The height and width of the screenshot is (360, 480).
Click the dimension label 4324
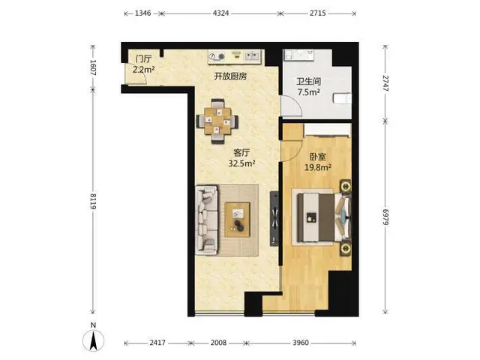[220, 13]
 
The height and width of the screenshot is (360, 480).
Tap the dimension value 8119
[93, 202]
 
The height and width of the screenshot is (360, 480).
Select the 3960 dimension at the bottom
[301, 343]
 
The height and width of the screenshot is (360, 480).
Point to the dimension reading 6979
[385, 217]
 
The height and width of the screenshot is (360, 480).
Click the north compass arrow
[93, 340]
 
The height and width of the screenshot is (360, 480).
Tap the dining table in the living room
[217, 121]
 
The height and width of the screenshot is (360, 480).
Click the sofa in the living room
[207, 220]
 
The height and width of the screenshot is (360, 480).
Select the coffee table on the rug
[237, 220]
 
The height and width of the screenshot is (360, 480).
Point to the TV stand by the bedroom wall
[274, 218]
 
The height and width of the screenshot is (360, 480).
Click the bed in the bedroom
[322, 217]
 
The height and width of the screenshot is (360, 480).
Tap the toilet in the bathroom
[342, 98]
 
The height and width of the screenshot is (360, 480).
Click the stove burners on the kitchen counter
[217, 57]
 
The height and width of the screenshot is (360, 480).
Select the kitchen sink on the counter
[252, 56]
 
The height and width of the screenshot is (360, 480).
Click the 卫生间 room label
[308, 82]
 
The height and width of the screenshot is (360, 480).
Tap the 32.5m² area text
[241, 163]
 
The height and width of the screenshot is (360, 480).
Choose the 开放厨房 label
[230, 76]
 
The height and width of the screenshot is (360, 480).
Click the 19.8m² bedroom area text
[318, 167]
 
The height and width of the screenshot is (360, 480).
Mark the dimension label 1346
[143, 13]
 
